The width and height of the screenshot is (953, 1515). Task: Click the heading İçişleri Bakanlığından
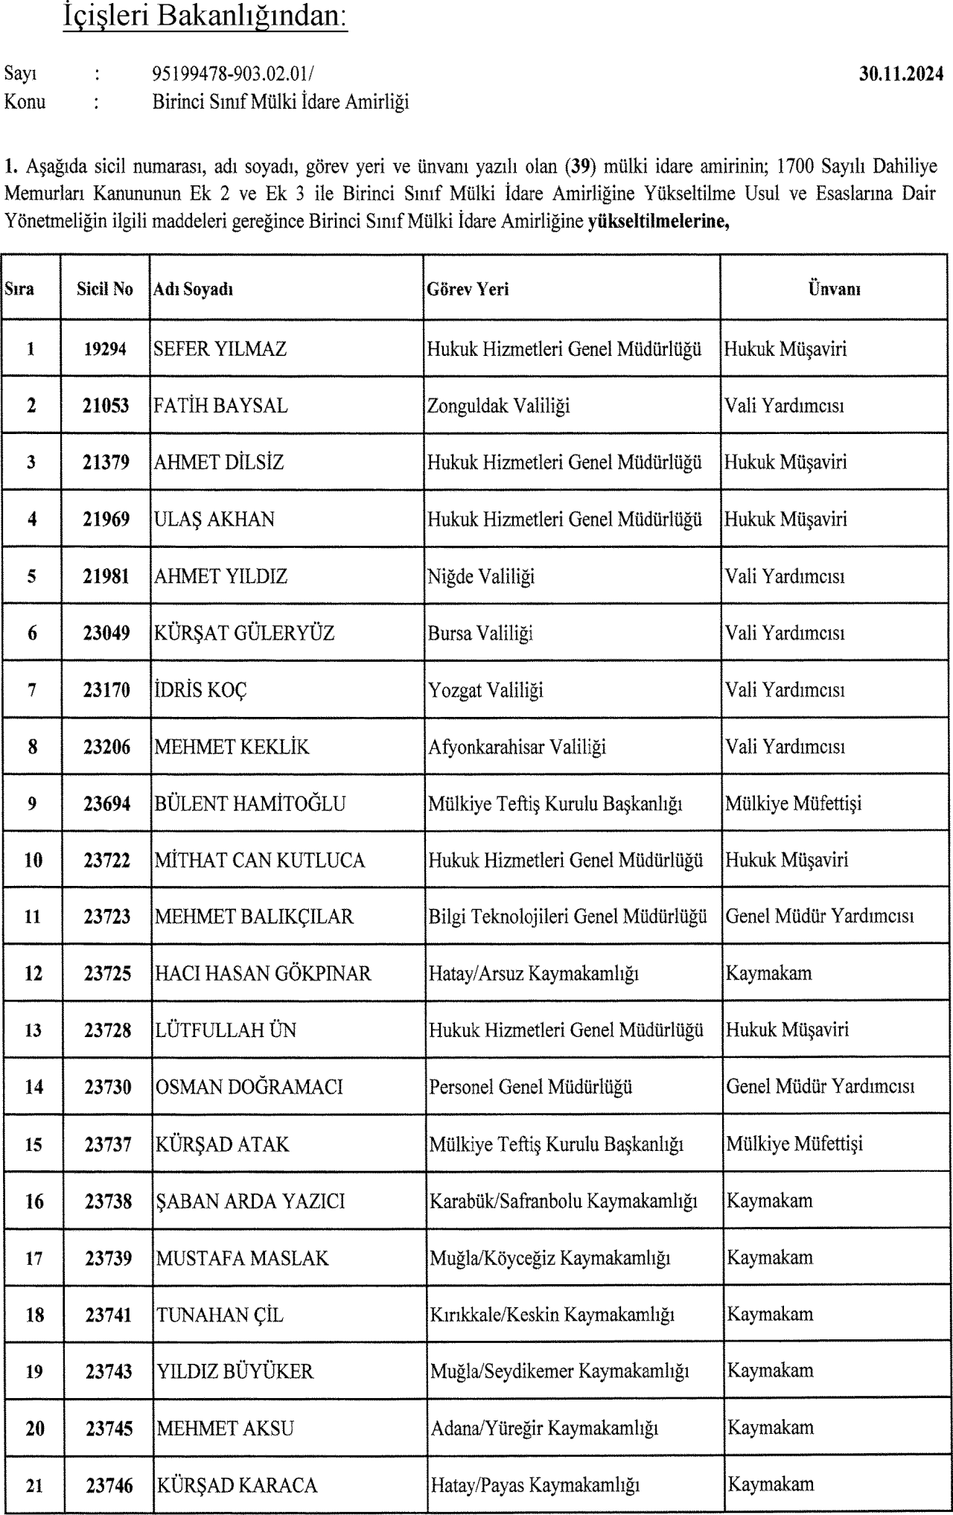pos(205,17)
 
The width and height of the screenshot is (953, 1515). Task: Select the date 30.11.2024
pos(901,74)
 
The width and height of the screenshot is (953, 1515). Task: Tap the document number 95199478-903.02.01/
pos(233,74)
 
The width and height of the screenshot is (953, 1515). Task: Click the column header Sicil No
pos(105,289)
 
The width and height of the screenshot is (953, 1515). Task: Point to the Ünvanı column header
pos(834,289)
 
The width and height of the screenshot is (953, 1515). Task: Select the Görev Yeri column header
pos(468,289)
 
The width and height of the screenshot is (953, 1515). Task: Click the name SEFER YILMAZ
pos(220,349)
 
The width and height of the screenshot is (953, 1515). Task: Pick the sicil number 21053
pos(106,406)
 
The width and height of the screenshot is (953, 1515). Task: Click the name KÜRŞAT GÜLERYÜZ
pos(244,633)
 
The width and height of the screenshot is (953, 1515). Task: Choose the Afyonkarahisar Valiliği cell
pos(517,747)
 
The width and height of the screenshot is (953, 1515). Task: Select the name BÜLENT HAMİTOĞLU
pos(250,803)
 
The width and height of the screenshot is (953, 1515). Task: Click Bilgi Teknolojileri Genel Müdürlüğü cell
pos(567,916)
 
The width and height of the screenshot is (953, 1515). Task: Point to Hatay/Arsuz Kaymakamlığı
pos(533,973)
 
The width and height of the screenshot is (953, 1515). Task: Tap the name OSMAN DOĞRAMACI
pos(249,1087)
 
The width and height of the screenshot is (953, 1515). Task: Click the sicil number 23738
pos(108,1201)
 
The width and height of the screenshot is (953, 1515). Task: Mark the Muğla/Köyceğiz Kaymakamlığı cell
pos(550,1258)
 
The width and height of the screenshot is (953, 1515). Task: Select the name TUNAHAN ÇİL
pos(220,1315)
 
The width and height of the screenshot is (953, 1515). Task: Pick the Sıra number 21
pos(34,1486)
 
